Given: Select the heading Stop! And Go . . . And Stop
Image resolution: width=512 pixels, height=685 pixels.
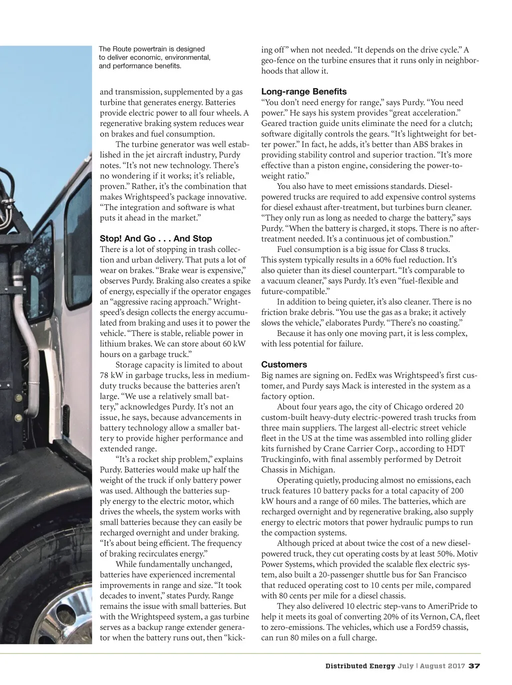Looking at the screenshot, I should pos(155,238).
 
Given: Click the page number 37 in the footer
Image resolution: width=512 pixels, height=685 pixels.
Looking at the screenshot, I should pos(474,666).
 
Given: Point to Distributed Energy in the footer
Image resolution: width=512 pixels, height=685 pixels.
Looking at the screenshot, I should pos(360,666).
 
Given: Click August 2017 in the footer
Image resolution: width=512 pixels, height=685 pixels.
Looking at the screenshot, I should pos(442,666).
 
